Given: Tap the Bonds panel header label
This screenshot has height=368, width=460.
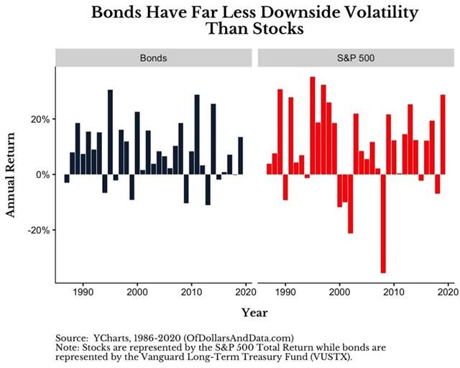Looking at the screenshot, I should (x=154, y=57).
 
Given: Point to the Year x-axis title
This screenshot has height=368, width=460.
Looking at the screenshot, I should (x=255, y=312).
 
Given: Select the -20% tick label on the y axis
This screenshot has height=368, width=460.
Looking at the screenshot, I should (x=37, y=230).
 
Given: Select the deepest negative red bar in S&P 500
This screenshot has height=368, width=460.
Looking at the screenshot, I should (x=383, y=224).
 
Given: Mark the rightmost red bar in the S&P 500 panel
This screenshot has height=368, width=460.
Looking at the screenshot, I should (x=443, y=134).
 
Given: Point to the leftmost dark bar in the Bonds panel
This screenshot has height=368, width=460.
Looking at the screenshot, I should (x=67, y=178).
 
